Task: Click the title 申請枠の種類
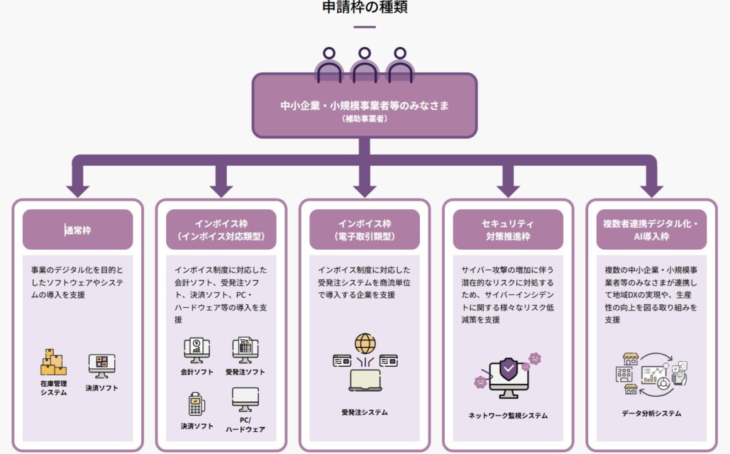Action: (364, 8)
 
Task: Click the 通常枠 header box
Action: (78, 229)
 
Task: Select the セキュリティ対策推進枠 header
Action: (508, 229)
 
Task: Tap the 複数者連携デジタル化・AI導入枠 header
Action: (651, 229)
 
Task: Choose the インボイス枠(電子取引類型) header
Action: (364, 229)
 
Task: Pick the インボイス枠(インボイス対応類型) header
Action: (221, 229)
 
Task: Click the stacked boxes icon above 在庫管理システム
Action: (53, 363)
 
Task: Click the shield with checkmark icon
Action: (508, 370)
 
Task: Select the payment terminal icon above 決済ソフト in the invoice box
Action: (195, 404)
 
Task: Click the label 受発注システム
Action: (364, 412)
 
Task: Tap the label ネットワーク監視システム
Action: (508, 415)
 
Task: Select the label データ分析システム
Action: (651, 413)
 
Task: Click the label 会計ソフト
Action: (197, 372)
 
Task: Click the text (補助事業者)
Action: (364, 119)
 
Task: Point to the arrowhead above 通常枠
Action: (78, 189)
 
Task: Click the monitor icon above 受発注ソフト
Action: (245, 350)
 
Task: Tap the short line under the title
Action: (364, 26)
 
